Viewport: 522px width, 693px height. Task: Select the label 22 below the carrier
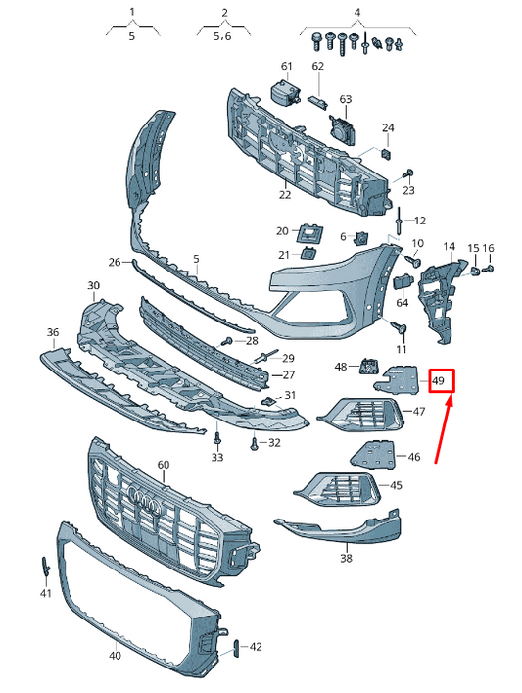pos(284,195)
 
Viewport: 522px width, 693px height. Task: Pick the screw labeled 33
pos(217,437)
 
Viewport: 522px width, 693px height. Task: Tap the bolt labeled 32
pos(254,443)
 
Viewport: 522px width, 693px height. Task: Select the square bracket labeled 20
pos(311,232)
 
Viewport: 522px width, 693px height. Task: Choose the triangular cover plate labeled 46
pos(373,453)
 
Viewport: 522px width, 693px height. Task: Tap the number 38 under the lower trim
pos(346,559)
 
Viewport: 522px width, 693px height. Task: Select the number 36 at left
pos(53,332)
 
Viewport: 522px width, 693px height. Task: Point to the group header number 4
pos(357,12)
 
